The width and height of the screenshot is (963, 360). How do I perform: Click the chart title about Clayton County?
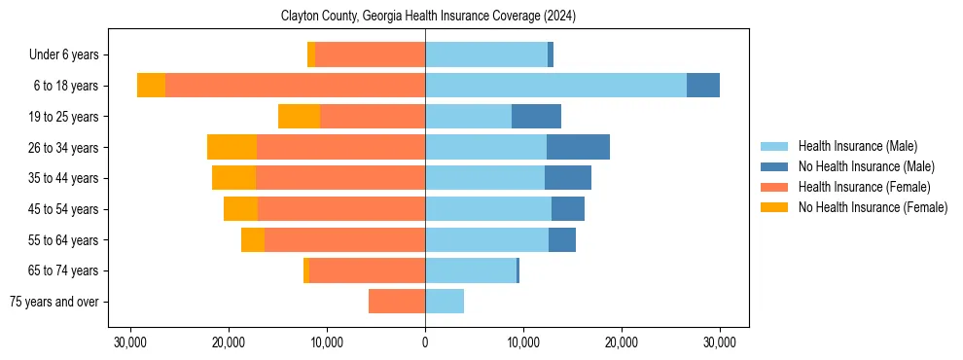428,17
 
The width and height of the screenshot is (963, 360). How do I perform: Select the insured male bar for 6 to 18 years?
555,86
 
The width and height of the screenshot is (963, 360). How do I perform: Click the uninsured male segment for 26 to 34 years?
578,147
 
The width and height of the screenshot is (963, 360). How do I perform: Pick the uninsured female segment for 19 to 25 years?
299,117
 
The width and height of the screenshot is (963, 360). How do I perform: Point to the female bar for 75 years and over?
397,302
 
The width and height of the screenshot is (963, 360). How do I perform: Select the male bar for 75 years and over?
445,302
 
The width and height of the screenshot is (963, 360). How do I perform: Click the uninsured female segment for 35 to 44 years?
233,178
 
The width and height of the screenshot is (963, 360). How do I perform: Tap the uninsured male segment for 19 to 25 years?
536,117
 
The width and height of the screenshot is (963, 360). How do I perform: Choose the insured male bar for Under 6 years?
485,54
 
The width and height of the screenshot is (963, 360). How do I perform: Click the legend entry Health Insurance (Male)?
857,147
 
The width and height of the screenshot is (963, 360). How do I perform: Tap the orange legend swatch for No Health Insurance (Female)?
775,207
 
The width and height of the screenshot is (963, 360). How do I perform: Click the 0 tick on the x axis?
425,342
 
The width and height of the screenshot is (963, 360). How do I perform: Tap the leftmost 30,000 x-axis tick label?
129,342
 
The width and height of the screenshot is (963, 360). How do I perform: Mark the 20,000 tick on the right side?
622,342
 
